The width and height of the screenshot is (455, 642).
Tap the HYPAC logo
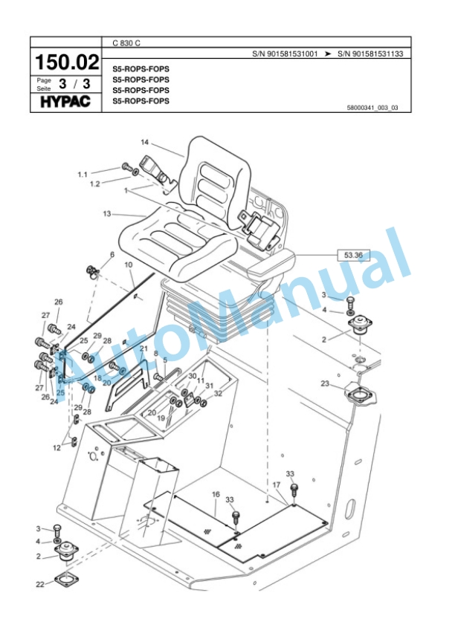(65, 101)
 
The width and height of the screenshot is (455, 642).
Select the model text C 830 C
(127, 43)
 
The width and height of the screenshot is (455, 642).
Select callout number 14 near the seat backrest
(145, 142)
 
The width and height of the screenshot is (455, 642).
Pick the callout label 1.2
(94, 184)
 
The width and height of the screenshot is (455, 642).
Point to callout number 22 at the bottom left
(40, 585)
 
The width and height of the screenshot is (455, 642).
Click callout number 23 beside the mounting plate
(325, 383)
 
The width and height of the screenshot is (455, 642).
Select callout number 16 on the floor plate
(216, 493)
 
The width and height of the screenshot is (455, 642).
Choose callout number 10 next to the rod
(128, 265)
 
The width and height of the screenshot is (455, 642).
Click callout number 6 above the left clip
(112, 255)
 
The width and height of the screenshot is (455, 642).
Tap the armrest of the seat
(274, 264)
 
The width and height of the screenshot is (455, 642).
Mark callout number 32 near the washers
(218, 394)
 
